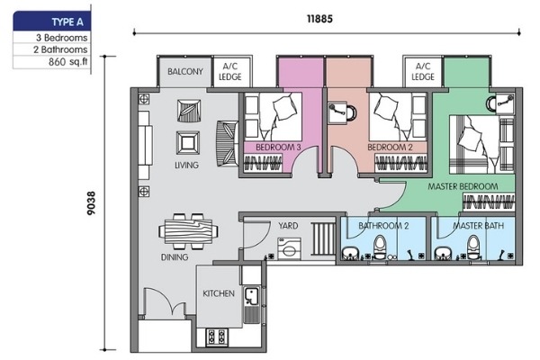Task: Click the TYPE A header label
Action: [67, 22]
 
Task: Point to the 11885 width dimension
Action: [319, 19]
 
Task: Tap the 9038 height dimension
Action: [91, 203]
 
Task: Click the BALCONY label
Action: [185, 72]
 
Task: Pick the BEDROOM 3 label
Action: [278, 148]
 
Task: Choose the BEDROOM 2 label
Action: [390, 148]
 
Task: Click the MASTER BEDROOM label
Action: [463, 186]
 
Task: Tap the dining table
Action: [188, 231]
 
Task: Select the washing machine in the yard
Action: [289, 248]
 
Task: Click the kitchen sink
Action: [251, 296]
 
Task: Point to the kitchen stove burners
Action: [217, 337]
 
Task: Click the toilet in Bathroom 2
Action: [380, 247]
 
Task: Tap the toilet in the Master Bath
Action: [473, 247]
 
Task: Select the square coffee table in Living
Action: [188, 142]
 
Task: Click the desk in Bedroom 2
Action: [337, 112]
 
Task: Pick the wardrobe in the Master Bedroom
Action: [489, 202]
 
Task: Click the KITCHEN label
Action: [219, 293]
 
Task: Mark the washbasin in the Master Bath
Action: [443, 253]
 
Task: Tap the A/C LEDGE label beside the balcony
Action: [230, 72]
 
